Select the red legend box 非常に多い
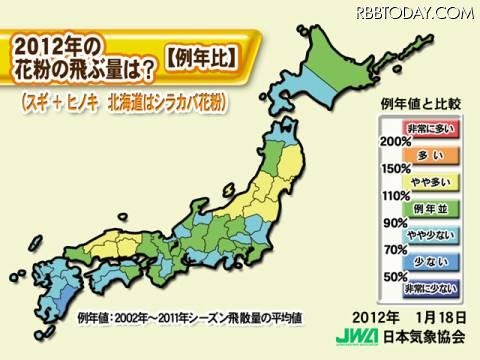427,127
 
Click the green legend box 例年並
427,207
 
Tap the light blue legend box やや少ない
427,234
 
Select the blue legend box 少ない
427,261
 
